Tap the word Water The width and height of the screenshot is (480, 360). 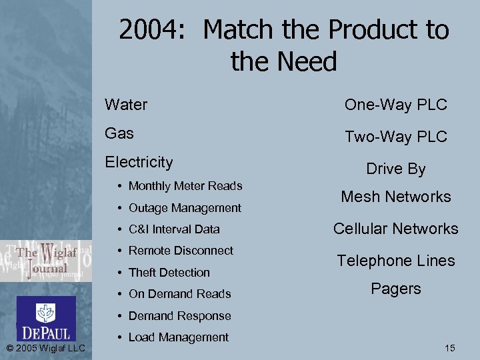pyautogui.click(x=126, y=105)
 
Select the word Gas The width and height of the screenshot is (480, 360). pyautogui.click(x=119, y=133)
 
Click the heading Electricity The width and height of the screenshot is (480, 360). pyautogui.click(x=139, y=162)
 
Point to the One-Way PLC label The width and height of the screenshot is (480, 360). pyautogui.click(x=395, y=105)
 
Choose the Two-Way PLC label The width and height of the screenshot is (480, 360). pyautogui.click(x=395, y=137)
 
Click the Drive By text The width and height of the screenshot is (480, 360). pyautogui.click(x=395, y=169)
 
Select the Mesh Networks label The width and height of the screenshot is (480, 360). pyautogui.click(x=395, y=197)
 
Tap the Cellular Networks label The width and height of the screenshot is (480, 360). pyautogui.click(x=395, y=229)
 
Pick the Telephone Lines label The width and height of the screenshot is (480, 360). pyautogui.click(x=395, y=261)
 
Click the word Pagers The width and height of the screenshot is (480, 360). pyautogui.click(x=395, y=289)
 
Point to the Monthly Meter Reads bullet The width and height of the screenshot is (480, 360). pyautogui.click(x=185, y=186)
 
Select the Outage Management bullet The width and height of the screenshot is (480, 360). pyautogui.click(x=185, y=208)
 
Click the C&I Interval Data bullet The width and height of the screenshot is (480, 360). pyautogui.click(x=174, y=229)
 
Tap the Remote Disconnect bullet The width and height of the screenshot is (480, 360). pyautogui.click(x=181, y=251)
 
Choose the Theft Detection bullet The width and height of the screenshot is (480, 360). pyautogui.click(x=169, y=273)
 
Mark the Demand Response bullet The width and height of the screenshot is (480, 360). pyautogui.click(x=179, y=316)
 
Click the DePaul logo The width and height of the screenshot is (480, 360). pyautogui.click(x=47, y=319)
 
